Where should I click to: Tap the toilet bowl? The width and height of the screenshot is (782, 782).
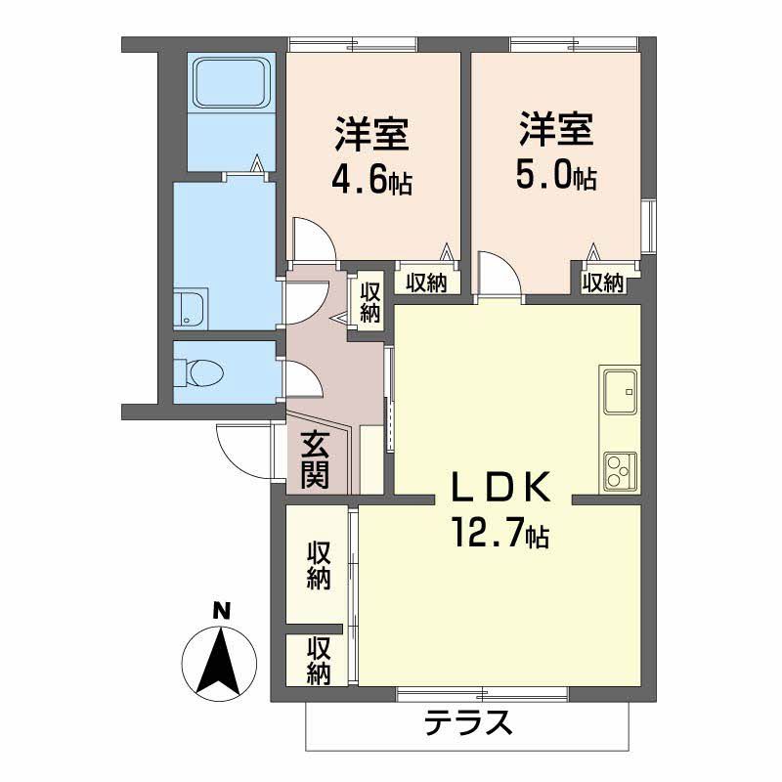tap(199, 372)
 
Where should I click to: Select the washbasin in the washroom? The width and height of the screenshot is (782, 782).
tap(191, 308)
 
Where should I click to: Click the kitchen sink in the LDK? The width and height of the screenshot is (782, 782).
tap(621, 392)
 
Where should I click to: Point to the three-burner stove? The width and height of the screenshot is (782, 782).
tap(621, 470)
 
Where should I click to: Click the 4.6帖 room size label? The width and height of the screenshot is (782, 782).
tap(372, 182)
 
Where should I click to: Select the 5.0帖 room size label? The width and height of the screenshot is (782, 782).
tap(556, 177)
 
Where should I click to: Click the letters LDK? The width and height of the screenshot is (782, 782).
tap(500, 486)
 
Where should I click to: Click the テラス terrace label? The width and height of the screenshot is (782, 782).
tap(468, 721)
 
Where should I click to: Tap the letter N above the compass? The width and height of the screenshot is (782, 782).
tap(222, 610)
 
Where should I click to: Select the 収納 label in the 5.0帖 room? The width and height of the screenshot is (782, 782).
tap(603, 283)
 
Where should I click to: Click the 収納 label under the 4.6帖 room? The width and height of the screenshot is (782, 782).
tap(426, 283)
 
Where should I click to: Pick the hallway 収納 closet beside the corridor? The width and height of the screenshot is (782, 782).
tap(370, 302)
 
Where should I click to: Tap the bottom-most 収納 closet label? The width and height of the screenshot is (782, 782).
tap(319, 661)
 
